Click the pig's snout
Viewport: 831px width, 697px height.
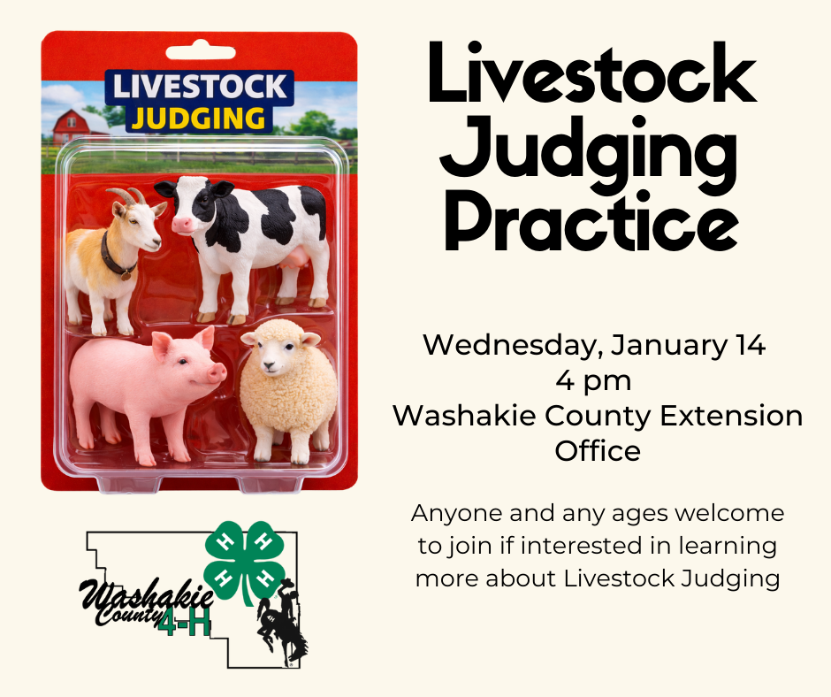coord(217,372)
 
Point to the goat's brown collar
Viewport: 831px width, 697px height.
coord(116,257)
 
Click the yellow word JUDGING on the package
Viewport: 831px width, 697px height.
coord(199,119)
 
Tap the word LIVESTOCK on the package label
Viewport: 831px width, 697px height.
coord(199,87)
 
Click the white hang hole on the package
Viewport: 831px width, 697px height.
coord(201,51)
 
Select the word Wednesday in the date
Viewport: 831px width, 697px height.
coord(513,345)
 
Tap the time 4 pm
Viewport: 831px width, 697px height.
coord(593,381)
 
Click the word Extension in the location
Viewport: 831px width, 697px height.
coord(731,416)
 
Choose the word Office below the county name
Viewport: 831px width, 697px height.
coord(598,451)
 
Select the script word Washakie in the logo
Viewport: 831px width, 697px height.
coord(146,595)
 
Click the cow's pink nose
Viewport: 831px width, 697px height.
coord(180,225)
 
